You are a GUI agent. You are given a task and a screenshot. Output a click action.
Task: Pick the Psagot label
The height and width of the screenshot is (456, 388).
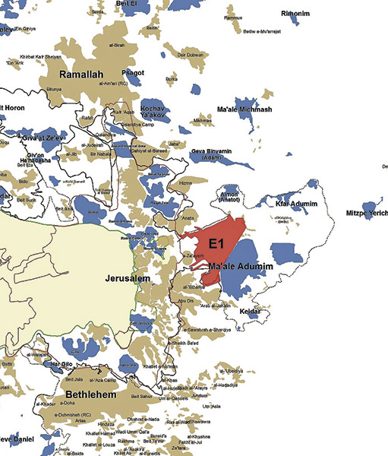pyautogui.click(x=133, y=72)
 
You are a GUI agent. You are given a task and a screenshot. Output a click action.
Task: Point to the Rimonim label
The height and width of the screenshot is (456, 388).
pyautogui.click(x=295, y=14)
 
